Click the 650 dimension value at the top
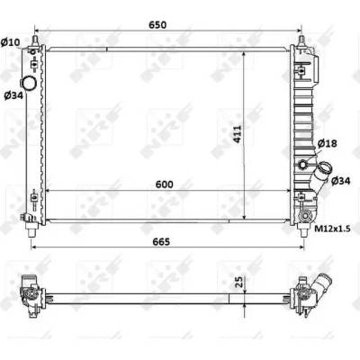157,25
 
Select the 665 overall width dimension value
161,241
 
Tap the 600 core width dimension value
164,184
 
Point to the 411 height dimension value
237,134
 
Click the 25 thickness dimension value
238,282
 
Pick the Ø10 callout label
10,42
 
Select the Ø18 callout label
327,143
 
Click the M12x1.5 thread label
332,229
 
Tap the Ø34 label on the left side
13,95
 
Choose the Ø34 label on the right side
341,181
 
